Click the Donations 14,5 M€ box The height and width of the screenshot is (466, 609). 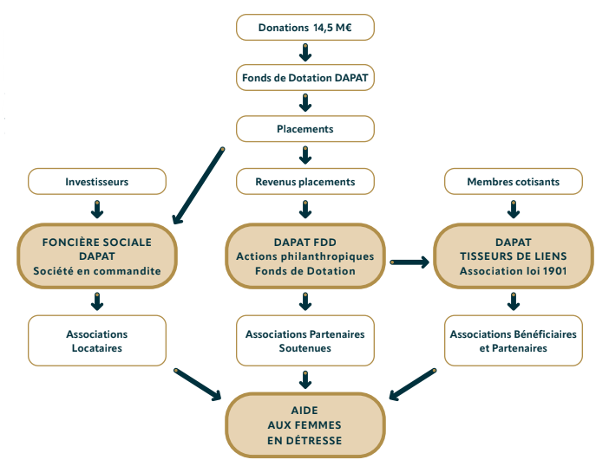click(x=305, y=28)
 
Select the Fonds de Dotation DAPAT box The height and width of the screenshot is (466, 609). click(x=305, y=78)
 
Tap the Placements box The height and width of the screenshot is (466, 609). click(x=305, y=129)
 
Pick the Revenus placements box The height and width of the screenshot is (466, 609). click(x=305, y=181)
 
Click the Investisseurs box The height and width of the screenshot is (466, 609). click(x=97, y=181)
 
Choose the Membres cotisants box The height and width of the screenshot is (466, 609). click(x=514, y=181)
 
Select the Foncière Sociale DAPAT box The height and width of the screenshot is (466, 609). click(x=97, y=256)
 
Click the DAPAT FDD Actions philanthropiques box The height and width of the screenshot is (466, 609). click(x=305, y=256)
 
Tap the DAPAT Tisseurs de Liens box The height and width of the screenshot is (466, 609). click(x=514, y=256)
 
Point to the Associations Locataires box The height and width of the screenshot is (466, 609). click(x=97, y=340)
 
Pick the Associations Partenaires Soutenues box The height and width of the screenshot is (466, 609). click(x=305, y=340)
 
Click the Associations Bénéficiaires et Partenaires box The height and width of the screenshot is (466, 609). click(x=514, y=340)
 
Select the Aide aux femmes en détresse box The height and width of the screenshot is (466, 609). click(x=305, y=425)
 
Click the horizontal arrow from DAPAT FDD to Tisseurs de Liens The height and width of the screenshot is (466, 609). click(x=409, y=262)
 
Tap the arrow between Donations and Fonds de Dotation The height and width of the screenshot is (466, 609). click(x=305, y=53)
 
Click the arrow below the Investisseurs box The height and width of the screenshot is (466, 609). click(x=97, y=210)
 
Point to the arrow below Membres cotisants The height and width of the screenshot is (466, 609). click(x=514, y=210)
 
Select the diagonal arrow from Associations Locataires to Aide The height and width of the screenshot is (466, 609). click(x=197, y=385)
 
